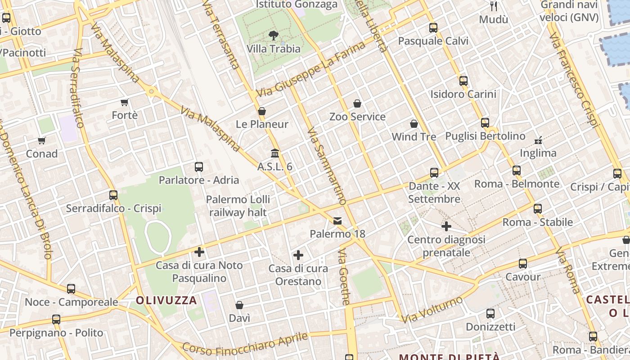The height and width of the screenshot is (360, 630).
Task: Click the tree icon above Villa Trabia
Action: [x=273, y=36]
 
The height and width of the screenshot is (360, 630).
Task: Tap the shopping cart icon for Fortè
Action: [x=125, y=103]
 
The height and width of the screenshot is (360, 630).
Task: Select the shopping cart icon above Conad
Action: [x=42, y=140]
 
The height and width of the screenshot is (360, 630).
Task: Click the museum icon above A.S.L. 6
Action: [x=275, y=153]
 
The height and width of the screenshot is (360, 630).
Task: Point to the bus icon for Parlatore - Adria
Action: [x=199, y=167]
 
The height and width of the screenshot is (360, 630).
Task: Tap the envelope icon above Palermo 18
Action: [x=337, y=221]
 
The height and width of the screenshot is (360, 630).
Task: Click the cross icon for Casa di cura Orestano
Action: [x=298, y=256]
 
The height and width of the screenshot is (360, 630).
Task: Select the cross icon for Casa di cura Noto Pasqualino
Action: [x=199, y=252]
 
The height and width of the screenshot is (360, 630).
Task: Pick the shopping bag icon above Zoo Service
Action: [x=357, y=103]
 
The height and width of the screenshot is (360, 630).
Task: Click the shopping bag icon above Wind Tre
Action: [x=414, y=123]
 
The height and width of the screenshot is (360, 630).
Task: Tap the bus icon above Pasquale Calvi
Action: [x=433, y=28]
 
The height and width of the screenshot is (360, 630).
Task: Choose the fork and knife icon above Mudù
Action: [x=494, y=6]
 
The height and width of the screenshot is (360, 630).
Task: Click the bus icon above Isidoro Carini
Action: [x=463, y=81]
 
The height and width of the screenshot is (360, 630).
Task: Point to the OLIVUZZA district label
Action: [x=166, y=300]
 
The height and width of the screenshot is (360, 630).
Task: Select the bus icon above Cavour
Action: [x=523, y=264]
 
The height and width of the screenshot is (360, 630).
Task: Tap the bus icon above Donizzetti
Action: [x=490, y=314]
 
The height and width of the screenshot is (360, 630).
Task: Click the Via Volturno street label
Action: [x=432, y=309]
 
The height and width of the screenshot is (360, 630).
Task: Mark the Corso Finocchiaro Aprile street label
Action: [x=246, y=345]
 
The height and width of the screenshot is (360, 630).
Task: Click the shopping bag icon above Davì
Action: [x=239, y=305]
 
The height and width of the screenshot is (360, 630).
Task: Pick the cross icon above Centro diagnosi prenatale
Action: [x=446, y=226]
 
